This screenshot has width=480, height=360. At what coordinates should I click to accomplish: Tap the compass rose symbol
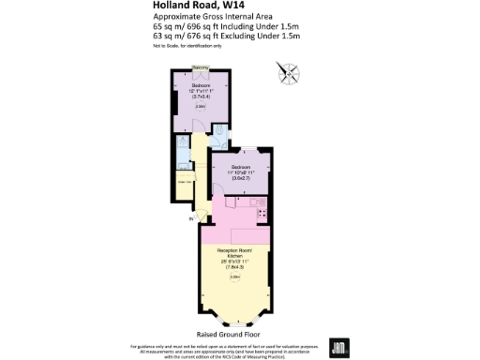tap(286, 71)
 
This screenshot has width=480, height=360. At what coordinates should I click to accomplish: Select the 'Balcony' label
tap(201, 67)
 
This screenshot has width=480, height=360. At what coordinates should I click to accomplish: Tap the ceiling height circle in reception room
tap(236, 276)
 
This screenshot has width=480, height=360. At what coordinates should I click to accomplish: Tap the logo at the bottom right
tap(339, 346)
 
